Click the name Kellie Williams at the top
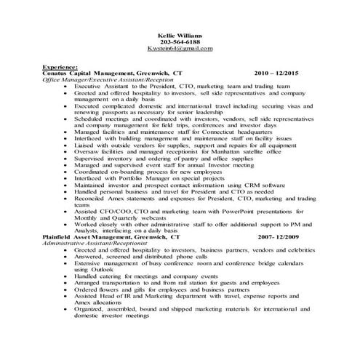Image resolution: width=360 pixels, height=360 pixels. (180, 35)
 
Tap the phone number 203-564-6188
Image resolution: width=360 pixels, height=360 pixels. (180, 42)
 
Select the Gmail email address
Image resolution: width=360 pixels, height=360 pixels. (180, 49)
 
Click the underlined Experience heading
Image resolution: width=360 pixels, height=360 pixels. (60, 67)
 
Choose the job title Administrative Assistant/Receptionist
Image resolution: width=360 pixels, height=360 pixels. (92, 243)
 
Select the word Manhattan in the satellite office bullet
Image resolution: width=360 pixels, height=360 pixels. (195, 151)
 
